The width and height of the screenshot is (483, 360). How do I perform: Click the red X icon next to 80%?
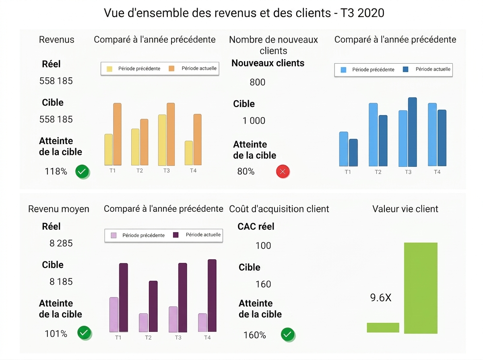pos(283,172)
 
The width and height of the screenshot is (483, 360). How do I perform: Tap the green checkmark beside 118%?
pos(82,172)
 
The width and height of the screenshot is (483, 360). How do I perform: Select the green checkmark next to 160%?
pos(288,334)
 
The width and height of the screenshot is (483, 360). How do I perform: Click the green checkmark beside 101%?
pos(84,333)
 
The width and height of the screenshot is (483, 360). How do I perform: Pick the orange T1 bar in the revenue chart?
pos(118,134)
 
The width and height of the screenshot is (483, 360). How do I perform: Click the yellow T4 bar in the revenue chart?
pos(189,153)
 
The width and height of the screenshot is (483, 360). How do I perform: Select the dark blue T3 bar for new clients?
pos(413,132)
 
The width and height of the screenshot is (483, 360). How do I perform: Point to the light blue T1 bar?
pos(344,149)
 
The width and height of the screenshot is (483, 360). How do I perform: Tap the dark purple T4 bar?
pos(212,296)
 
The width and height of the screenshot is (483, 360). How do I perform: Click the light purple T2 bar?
pos(143,323)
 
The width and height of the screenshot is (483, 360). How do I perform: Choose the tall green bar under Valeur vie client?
pos(421,288)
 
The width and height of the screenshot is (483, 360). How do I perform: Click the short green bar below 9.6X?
pos(383,327)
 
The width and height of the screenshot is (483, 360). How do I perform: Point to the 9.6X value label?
pos(381,298)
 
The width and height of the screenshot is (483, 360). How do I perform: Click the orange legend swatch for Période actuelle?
pos(171,68)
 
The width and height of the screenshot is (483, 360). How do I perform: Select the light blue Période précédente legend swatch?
pos(343,70)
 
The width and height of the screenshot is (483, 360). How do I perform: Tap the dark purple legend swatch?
pos(176,235)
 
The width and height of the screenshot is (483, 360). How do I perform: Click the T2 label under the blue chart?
pos(378,172)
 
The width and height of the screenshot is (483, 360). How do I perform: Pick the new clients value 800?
pos(257,83)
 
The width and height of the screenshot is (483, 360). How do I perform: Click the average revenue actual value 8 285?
pos(61,243)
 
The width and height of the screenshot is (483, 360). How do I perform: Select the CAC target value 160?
pos(263,284)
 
